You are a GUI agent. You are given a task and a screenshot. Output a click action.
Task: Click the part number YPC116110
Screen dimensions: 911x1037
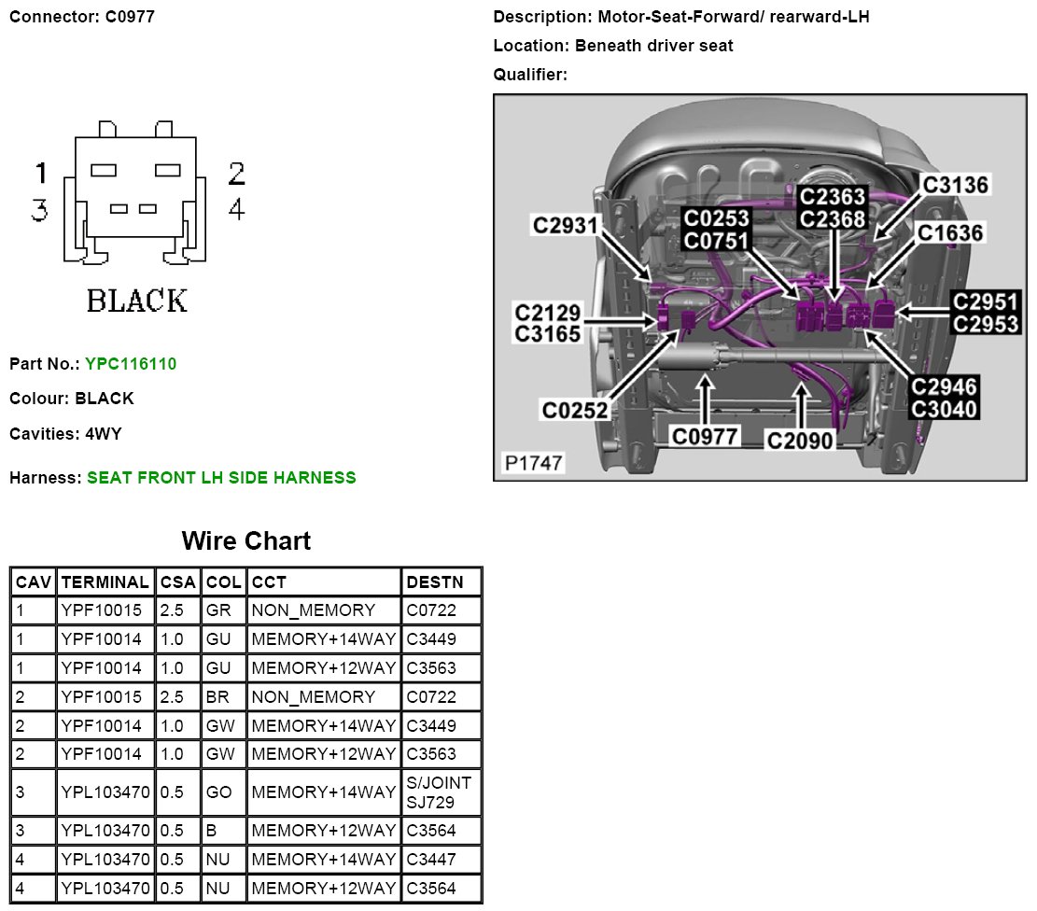click(x=131, y=363)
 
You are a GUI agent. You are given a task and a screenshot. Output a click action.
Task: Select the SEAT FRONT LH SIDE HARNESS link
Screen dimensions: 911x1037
click(x=221, y=478)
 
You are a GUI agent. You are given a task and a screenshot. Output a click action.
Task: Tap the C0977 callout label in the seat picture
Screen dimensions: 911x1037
click(x=706, y=436)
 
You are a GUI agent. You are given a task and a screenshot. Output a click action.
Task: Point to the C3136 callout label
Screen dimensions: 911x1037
click(x=955, y=184)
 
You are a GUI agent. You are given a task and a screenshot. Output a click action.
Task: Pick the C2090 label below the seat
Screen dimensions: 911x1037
click(x=799, y=441)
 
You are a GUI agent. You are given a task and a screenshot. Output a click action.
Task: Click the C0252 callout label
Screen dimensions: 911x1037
click(x=575, y=410)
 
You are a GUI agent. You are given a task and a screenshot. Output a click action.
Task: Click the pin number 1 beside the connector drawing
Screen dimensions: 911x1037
click(x=41, y=173)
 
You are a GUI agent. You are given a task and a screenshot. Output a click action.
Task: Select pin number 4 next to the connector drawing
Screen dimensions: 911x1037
click(x=236, y=210)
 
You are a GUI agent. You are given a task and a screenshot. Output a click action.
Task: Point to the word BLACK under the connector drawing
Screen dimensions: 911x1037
click(x=136, y=301)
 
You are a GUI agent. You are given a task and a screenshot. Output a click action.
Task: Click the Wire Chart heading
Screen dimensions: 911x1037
click(x=245, y=541)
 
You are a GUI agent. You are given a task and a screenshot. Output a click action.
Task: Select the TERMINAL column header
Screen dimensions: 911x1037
click(x=105, y=582)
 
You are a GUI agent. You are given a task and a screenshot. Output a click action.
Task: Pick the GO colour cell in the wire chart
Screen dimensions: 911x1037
click(x=219, y=792)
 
